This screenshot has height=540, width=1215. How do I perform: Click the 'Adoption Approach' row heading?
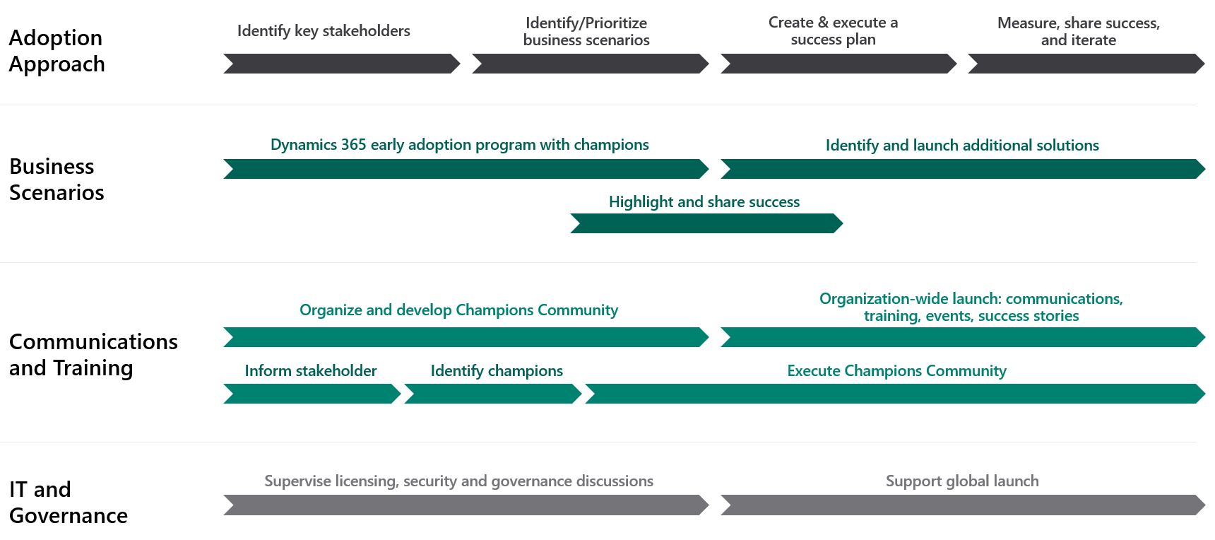57,50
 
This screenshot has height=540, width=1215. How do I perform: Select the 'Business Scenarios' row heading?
57,179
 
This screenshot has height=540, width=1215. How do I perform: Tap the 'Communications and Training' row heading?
93,355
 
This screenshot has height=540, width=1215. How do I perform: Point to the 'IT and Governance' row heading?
69,502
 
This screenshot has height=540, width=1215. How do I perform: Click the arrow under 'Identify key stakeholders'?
342,64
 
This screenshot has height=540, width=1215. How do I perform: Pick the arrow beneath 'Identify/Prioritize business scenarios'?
591,64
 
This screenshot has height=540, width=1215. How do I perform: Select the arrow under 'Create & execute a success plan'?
838,64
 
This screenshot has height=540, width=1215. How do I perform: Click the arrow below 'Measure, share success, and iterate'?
1086,64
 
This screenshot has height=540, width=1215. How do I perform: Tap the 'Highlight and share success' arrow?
706,223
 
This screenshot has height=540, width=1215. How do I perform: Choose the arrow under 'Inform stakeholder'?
312,394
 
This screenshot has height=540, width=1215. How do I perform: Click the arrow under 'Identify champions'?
493,394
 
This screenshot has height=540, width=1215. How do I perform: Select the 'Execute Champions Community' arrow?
895,394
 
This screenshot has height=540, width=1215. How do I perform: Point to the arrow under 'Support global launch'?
963,505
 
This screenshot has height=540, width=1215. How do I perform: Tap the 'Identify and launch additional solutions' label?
962,146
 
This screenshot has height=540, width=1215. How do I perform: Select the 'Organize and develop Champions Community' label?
458,310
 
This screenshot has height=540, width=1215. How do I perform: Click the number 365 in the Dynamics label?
353,145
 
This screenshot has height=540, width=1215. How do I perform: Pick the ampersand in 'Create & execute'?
823,23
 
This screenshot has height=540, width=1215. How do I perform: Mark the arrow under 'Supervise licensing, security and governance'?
466,505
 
